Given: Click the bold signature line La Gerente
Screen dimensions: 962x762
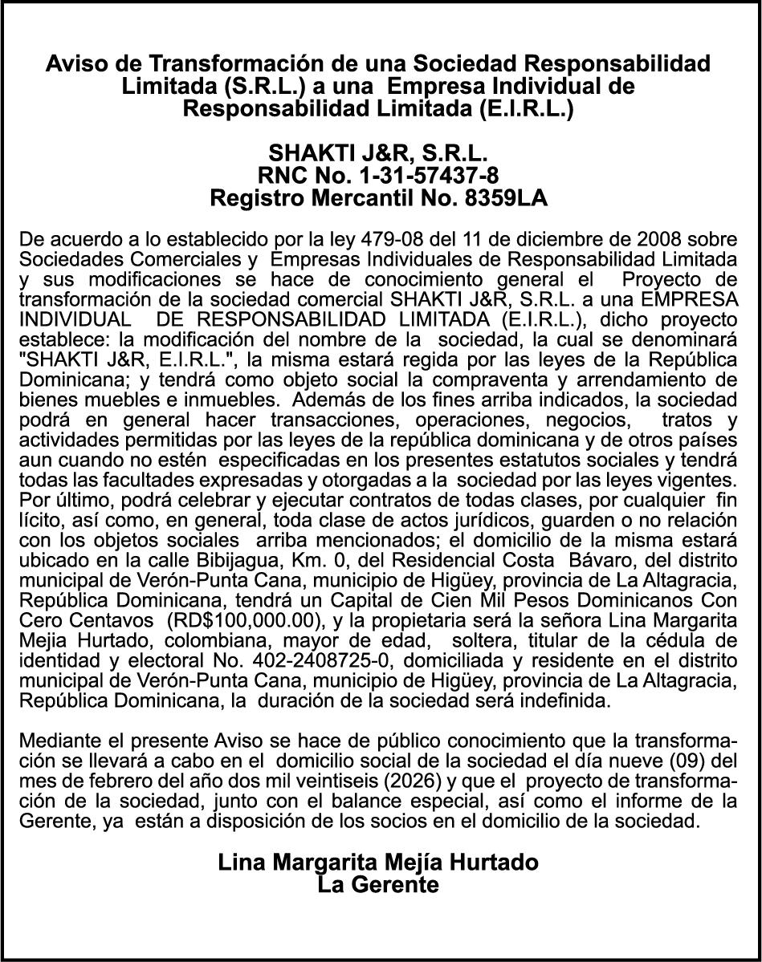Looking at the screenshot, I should pyautogui.click(x=378, y=885).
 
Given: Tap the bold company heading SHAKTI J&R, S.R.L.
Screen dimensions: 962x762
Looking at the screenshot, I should pyautogui.click(x=378, y=152).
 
